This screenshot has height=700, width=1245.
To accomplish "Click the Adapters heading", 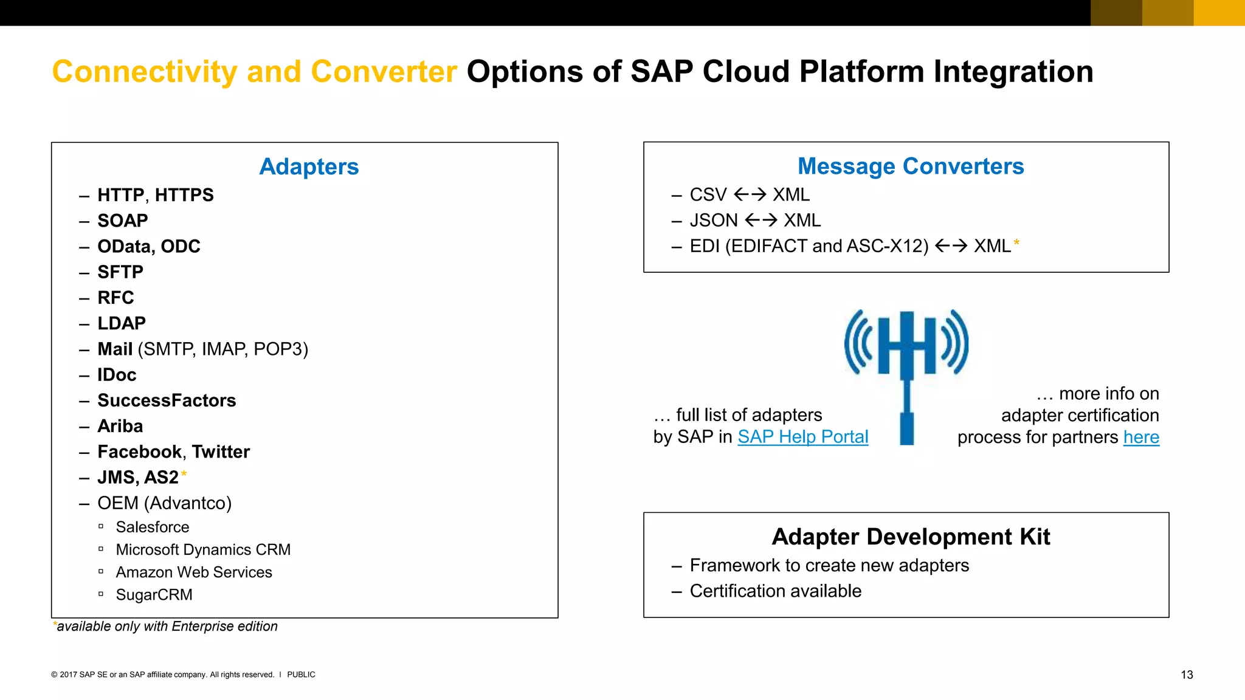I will click(309, 166).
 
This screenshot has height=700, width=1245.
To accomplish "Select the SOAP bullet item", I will click(122, 221).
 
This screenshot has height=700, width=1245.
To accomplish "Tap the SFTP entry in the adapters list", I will click(120, 272).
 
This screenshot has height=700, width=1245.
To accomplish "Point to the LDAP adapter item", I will click(122, 323).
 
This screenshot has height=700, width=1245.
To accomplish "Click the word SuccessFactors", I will click(167, 400).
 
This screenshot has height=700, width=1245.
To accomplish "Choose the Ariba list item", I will click(120, 426).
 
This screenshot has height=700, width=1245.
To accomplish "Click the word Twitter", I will click(221, 452).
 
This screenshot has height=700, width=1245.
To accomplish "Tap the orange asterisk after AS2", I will click(184, 474).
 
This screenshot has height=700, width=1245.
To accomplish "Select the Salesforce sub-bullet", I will click(153, 527).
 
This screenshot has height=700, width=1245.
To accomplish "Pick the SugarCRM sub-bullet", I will click(154, 595).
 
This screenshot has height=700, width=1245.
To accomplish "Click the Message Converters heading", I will click(911, 166).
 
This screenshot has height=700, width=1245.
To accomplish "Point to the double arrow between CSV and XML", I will click(750, 194).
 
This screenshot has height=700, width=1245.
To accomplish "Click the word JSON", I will click(714, 221).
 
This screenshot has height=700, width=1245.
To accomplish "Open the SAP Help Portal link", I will click(802, 437).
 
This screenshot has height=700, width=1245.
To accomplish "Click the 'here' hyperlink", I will click(1141, 437).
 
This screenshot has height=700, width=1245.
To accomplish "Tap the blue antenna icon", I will click(906, 365).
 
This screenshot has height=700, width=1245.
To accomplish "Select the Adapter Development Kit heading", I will click(911, 537).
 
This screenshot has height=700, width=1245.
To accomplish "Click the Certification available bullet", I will click(775, 591).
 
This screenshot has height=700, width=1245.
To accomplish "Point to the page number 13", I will click(1187, 675).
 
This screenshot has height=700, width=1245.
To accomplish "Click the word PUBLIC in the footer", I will click(301, 674).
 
